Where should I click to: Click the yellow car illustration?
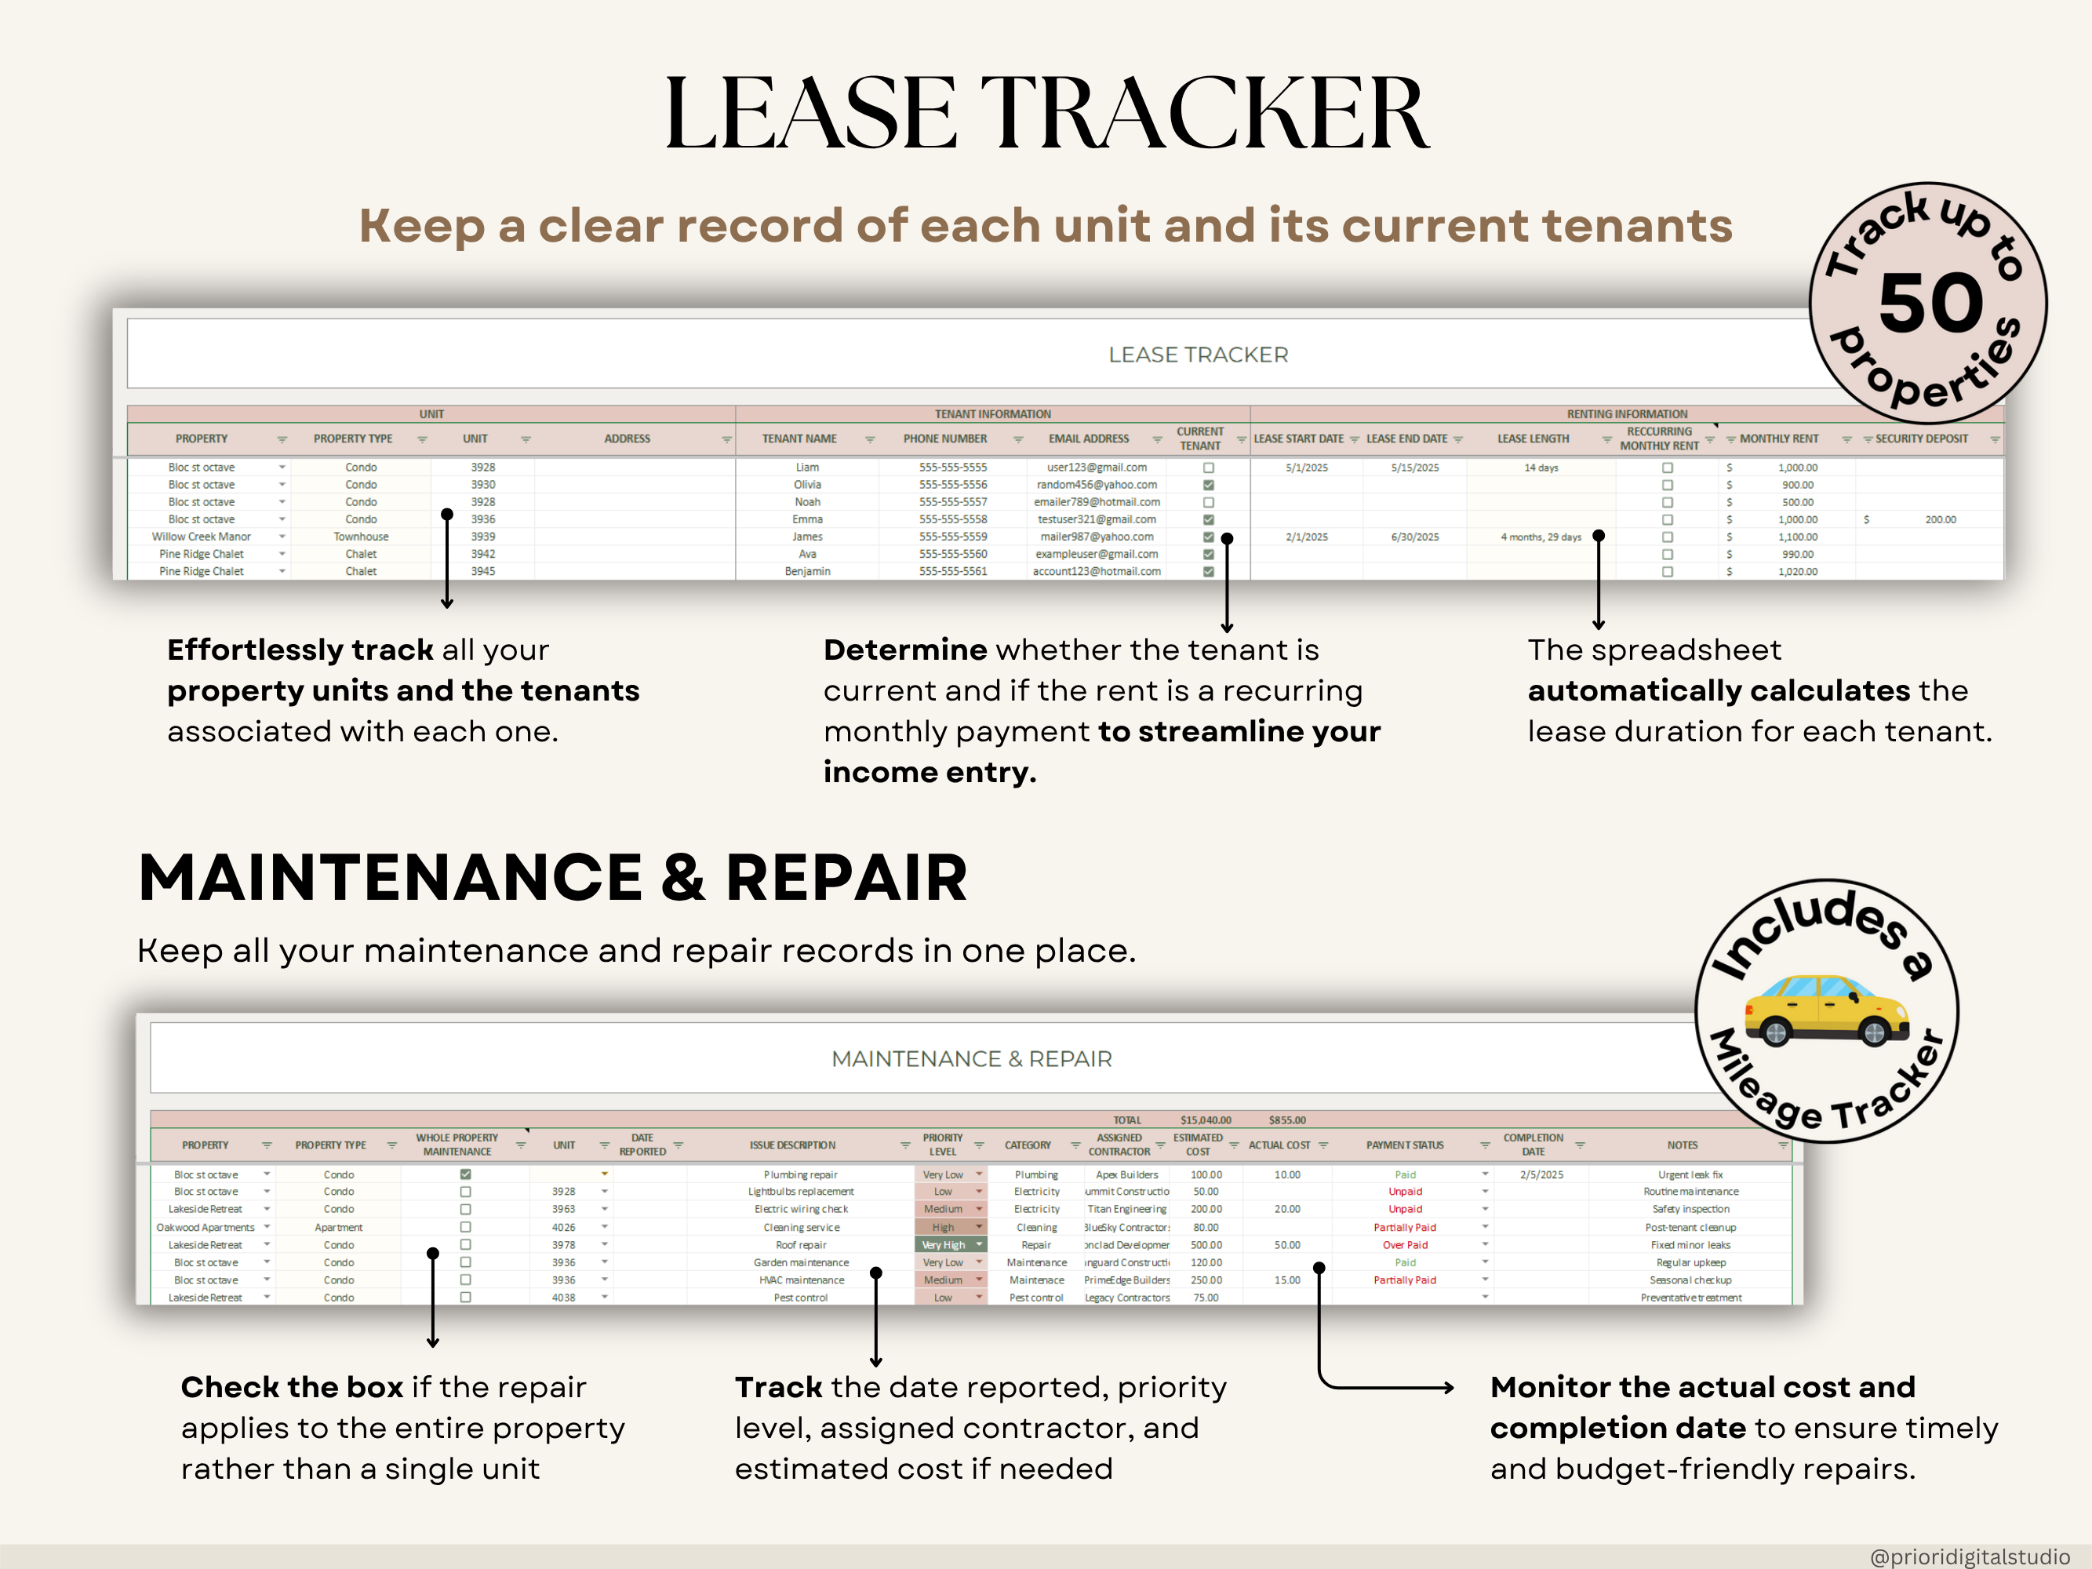(1825, 1010)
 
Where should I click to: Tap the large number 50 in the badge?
(1930, 303)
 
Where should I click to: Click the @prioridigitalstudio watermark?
(1969, 1556)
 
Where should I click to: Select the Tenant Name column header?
(799, 439)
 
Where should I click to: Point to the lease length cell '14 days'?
(1541, 468)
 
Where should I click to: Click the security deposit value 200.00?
(1940, 519)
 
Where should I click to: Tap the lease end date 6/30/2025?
(1415, 537)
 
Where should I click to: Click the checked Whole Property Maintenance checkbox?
(465, 1174)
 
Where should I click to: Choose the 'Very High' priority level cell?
(944, 1244)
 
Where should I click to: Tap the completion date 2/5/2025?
(1541, 1174)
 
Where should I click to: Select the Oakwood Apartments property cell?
(206, 1228)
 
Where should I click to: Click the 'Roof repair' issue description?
(800, 1244)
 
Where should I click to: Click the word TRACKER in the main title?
(1204, 114)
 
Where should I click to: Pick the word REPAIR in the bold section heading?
(846, 878)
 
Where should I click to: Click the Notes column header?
(1682, 1145)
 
